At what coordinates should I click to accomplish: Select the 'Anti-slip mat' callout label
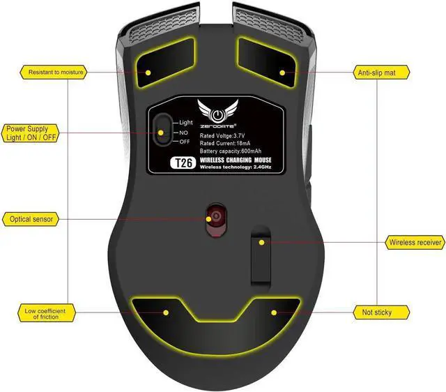click(382, 72)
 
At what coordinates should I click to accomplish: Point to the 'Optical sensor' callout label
click(30, 219)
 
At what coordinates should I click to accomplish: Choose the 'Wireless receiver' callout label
click(414, 243)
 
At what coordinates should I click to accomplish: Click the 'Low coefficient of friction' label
click(46, 312)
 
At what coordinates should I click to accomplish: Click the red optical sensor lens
click(216, 218)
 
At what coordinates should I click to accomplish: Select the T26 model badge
click(180, 163)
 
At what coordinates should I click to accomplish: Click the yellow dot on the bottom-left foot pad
click(167, 312)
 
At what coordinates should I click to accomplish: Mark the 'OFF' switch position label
click(185, 142)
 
